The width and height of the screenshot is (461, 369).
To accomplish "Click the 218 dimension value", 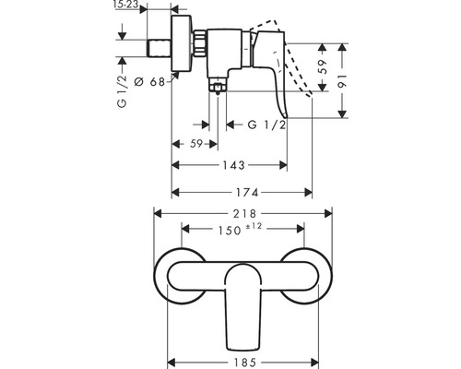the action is click(244, 214).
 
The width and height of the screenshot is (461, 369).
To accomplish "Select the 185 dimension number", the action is click(244, 363).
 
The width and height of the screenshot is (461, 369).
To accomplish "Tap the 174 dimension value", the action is click(247, 193).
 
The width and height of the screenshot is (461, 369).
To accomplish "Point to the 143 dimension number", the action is click(233, 165).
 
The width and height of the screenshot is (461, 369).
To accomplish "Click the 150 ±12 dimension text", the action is click(240, 229).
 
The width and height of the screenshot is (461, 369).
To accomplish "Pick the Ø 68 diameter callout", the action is click(150, 82).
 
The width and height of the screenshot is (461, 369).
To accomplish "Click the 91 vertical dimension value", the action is click(343, 80).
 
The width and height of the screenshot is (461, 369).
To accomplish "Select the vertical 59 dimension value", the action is click(323, 66).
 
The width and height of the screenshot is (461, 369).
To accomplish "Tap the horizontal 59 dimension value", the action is click(196, 144).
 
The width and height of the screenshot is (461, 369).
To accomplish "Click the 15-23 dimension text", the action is click(125, 5).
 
